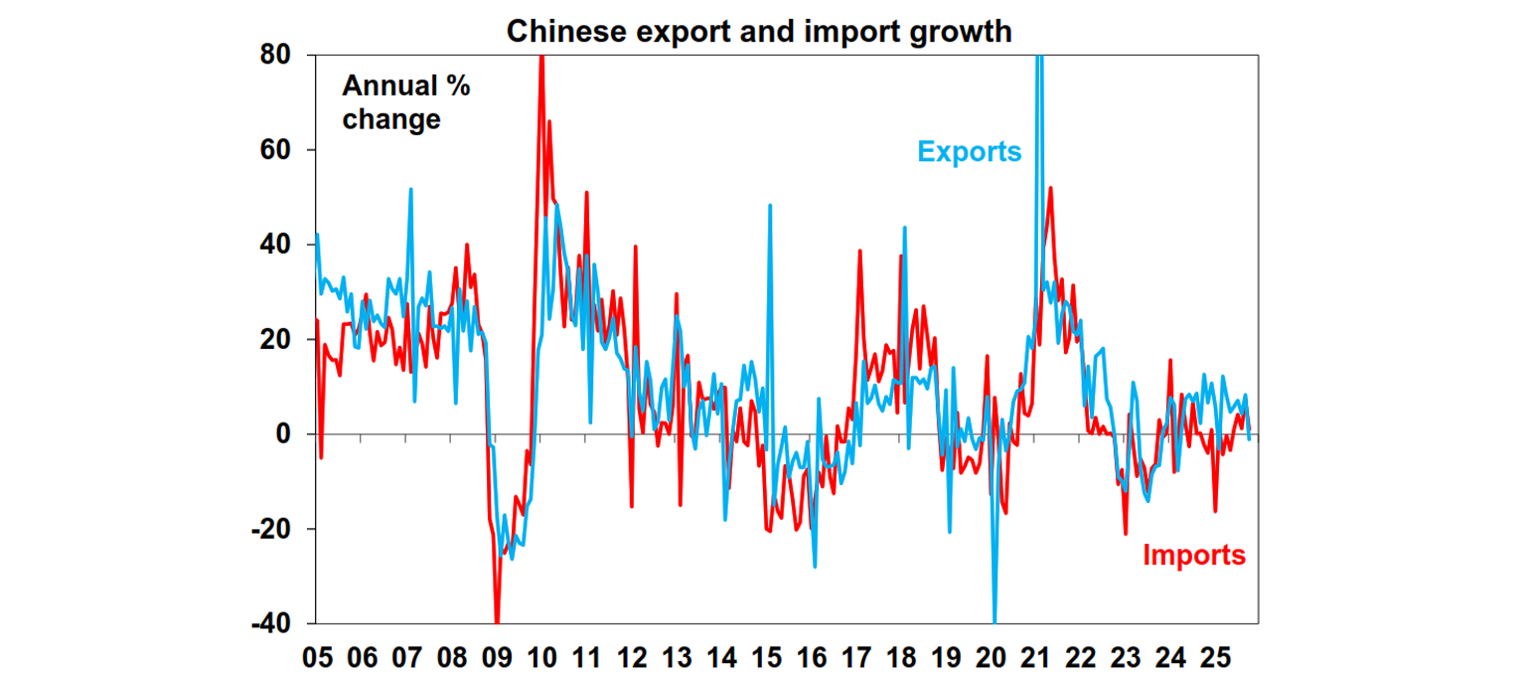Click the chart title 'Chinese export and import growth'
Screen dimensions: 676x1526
[x=759, y=31]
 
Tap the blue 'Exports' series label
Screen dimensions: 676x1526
[x=969, y=152]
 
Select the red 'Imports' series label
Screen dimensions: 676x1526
[x=1193, y=555]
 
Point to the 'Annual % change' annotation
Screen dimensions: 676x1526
[x=405, y=102]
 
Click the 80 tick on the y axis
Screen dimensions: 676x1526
[x=275, y=56]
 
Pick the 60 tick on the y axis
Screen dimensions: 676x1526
[x=275, y=150]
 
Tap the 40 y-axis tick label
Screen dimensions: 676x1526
[x=275, y=245]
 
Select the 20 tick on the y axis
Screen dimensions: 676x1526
[x=275, y=340]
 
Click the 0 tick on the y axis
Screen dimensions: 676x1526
[x=282, y=434]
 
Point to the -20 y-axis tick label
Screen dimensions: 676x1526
[x=270, y=529]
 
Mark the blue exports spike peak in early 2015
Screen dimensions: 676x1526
[x=770, y=206]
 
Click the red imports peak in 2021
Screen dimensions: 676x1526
[x=1050, y=188]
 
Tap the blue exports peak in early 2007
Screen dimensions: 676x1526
[x=410, y=189]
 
